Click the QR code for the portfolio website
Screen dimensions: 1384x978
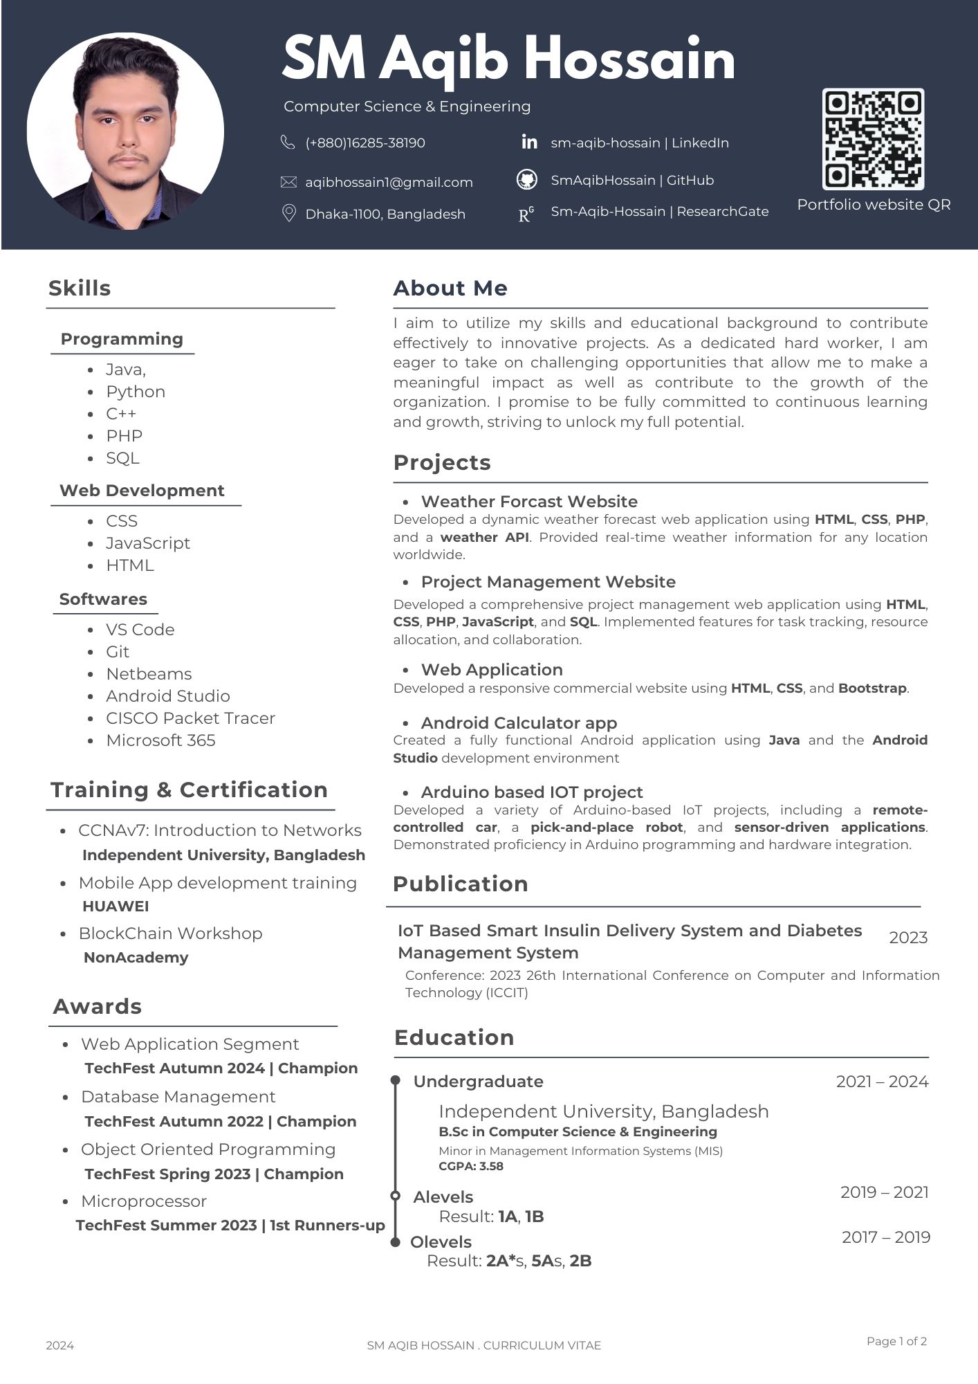[873, 139]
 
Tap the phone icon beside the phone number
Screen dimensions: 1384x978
[288, 143]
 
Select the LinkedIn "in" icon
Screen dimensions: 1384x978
[529, 142]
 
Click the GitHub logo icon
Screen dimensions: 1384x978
[527, 180]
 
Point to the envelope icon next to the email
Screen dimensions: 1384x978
[288, 182]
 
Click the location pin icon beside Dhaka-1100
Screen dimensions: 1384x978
[289, 213]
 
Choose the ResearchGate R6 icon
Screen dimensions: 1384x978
[526, 215]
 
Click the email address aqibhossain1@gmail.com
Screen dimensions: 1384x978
[389, 182]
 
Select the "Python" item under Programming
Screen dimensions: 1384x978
[136, 392]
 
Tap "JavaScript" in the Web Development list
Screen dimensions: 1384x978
[148, 543]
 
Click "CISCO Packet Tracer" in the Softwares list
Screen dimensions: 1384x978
[190, 718]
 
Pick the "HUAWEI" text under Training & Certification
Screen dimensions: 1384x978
[116, 906]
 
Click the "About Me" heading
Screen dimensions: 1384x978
[450, 288]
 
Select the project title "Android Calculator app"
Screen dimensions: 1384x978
[519, 722]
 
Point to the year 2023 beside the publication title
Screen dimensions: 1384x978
[908, 938]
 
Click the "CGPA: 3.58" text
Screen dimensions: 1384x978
[471, 1166]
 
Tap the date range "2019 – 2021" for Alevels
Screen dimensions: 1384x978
[884, 1192]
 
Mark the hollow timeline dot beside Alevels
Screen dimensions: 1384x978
[396, 1196]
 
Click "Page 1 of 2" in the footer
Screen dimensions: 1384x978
[896, 1341]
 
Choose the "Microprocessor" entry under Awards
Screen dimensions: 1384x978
[144, 1201]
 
